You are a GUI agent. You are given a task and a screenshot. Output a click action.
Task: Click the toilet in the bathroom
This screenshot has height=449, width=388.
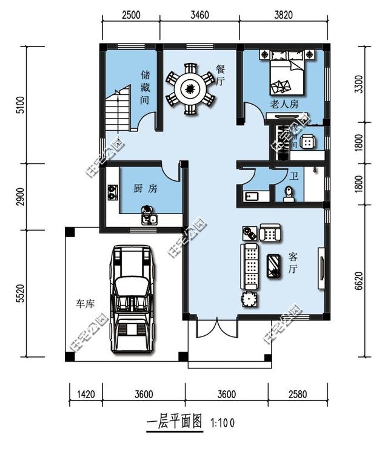coord(289,192)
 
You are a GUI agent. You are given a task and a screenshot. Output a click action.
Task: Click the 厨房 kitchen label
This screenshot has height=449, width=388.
coord(145,189)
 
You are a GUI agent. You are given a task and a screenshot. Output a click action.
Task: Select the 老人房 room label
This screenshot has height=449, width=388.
coord(284,104)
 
